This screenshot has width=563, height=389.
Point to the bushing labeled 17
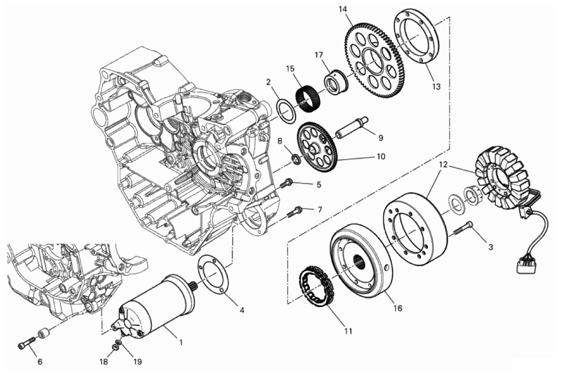pos(337,81)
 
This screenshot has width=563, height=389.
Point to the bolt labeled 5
pos(287,183)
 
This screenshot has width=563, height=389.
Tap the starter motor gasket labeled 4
pos(213,274)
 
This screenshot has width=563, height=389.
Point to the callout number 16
pos(398,308)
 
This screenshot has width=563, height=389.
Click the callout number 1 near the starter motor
pos(181,343)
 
